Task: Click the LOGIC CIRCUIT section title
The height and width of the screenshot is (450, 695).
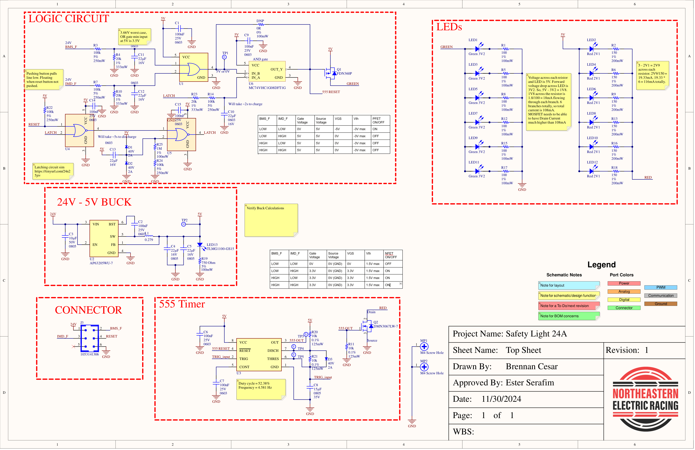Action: point(69,19)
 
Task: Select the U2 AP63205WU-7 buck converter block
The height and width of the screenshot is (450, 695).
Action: point(104,238)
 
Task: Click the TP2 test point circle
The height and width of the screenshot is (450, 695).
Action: point(183,224)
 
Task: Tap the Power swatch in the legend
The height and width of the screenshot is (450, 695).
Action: point(624,283)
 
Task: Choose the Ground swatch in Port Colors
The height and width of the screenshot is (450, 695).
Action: point(661,304)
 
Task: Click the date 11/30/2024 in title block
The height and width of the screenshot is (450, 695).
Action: point(501,399)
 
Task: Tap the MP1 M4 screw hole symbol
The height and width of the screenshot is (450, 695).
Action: point(424,347)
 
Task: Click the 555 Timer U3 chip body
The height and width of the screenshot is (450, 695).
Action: point(259,354)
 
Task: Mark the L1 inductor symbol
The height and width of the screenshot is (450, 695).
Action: point(149,236)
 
